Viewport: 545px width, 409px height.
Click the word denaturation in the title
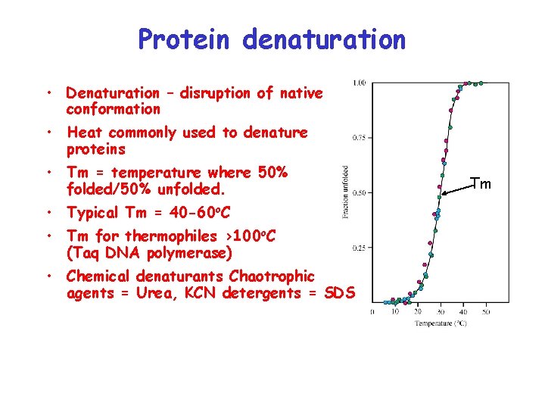point(324,39)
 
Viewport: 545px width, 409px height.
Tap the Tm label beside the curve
point(481,184)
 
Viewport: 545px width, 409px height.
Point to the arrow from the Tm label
point(456,189)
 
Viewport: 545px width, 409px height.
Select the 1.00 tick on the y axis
point(360,83)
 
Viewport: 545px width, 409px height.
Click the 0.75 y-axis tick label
point(360,138)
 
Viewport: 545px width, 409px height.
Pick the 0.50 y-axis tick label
point(360,192)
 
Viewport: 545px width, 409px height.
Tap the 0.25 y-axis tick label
point(360,248)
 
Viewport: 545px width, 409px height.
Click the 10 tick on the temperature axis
point(395,312)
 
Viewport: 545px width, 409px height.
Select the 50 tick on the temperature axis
point(486,312)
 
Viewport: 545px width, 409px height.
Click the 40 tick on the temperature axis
point(463,312)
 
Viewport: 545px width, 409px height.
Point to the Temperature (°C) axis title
point(440,323)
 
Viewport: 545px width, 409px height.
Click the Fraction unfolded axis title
point(345,192)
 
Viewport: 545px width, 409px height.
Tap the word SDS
point(338,293)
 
